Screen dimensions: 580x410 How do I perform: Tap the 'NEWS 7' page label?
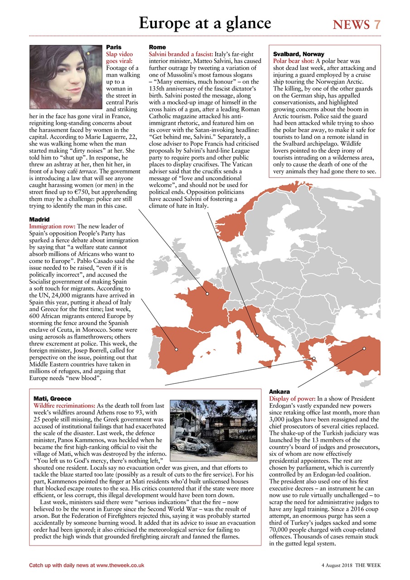coord(357,24)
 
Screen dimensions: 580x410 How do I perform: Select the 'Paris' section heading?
coord(114,47)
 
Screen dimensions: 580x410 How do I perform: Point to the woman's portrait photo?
coord(66,77)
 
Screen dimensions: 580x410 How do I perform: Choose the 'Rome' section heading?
coord(157,47)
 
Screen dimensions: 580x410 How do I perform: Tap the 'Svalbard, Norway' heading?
coord(299,54)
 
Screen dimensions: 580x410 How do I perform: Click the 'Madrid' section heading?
coord(39,219)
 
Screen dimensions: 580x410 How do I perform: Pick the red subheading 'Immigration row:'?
coord(52,226)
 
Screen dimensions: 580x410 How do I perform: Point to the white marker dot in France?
coord(207,294)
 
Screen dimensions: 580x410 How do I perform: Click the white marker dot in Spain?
coord(177,349)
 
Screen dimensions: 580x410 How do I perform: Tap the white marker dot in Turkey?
coord(364,348)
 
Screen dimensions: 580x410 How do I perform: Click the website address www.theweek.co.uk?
coord(120,565)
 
